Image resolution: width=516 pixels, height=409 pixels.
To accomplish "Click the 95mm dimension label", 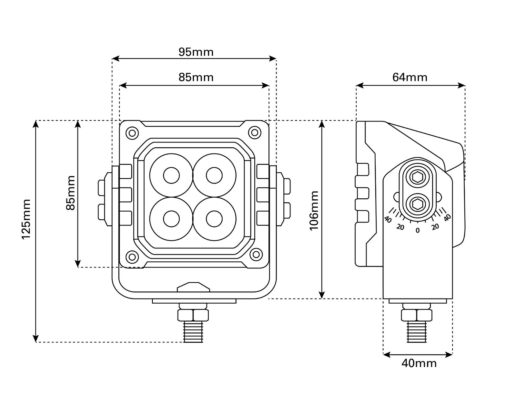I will click(x=196, y=52).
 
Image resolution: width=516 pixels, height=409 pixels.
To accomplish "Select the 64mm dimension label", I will click(x=410, y=78).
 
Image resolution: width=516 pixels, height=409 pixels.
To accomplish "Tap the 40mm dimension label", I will click(x=419, y=363).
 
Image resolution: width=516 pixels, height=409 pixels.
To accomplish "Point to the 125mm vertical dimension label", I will click(x=26, y=219).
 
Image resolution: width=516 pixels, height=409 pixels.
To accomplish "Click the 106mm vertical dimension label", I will click(x=314, y=210).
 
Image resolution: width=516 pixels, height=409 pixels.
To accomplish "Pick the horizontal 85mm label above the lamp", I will click(x=196, y=78).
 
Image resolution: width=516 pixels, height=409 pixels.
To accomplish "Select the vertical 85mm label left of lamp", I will click(x=70, y=193).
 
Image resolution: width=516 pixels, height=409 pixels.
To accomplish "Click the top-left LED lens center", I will click(x=171, y=175).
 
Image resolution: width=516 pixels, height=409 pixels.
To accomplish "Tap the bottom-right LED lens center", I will click(x=214, y=219).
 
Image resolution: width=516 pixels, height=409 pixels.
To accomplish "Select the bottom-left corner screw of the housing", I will click(x=132, y=257).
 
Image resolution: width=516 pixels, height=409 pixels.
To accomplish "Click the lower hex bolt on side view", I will click(x=417, y=203).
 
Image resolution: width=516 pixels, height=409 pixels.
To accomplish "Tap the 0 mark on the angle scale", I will click(x=418, y=230).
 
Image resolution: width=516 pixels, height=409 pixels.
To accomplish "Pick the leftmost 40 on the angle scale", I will click(x=388, y=220).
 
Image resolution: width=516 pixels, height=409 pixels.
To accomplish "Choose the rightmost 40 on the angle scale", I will click(x=447, y=218).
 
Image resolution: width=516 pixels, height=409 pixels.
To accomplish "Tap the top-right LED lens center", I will click(x=214, y=175).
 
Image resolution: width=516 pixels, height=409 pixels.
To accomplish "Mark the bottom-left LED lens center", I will click(x=171, y=219).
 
